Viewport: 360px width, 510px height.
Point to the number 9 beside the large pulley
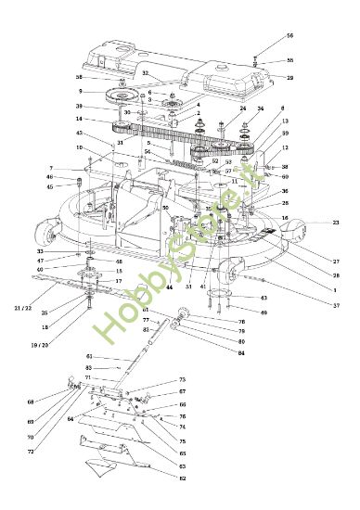pyautogui.click(x=81, y=92)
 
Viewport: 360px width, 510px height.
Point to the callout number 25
pyautogui.click(x=45, y=312)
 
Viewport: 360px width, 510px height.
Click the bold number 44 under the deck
pyautogui.click(x=171, y=288)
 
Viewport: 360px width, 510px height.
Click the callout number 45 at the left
pyautogui.click(x=49, y=186)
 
